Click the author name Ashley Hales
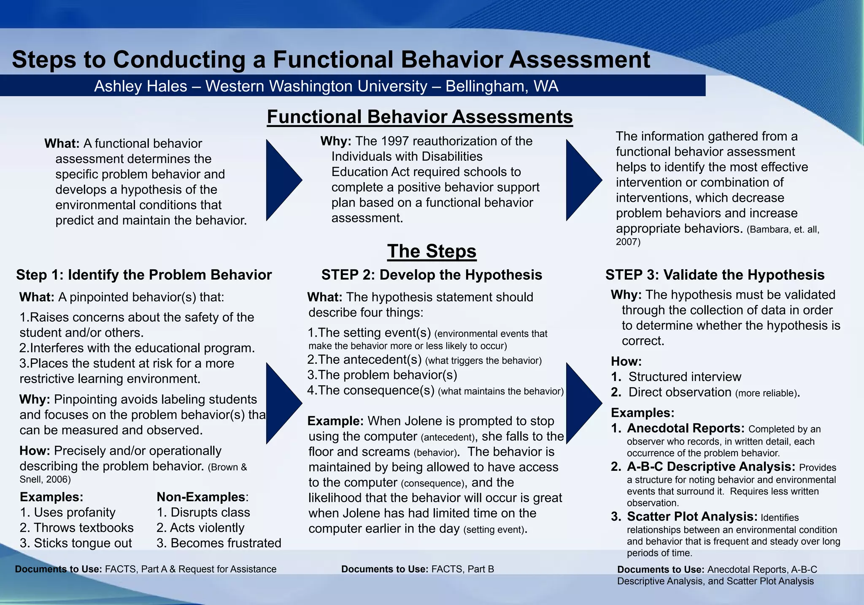coord(140,86)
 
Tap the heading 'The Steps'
coord(432,251)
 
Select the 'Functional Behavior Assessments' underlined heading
coord(420,117)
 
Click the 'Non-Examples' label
coord(201,497)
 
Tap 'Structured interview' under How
coord(684,377)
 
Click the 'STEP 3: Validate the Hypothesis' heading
coord(715,275)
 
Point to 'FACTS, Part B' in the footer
coord(462,570)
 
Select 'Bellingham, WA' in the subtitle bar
coord(502,86)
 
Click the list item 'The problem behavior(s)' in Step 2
coord(387,375)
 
